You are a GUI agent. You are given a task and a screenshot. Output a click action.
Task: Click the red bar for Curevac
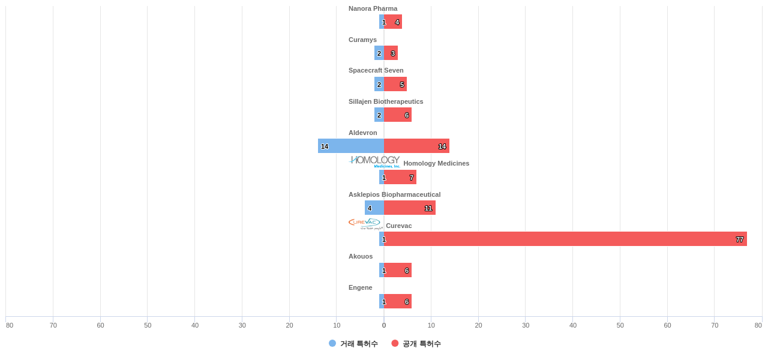tap(564, 239)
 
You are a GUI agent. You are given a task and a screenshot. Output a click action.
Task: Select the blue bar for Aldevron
tap(351, 146)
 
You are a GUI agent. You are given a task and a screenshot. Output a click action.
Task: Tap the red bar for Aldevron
tap(416, 146)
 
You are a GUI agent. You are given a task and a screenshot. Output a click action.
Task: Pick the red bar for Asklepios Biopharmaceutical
tap(410, 208)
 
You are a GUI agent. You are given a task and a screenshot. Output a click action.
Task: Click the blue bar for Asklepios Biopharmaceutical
tap(374, 208)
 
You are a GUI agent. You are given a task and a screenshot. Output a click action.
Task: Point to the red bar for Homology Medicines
tap(400, 177)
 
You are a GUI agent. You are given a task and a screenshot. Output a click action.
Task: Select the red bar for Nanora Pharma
tap(393, 22)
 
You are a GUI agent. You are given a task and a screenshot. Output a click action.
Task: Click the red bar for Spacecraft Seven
tap(395, 84)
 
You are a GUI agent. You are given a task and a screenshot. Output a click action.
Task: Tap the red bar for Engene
tap(398, 301)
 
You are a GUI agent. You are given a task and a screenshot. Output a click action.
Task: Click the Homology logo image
tap(374, 161)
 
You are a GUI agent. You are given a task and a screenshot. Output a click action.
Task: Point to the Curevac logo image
tap(365, 224)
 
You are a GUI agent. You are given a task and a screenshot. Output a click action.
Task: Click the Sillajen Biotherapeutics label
tap(386, 101)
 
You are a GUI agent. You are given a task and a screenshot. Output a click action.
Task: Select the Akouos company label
tap(361, 256)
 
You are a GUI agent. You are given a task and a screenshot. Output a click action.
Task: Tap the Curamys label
tap(362, 40)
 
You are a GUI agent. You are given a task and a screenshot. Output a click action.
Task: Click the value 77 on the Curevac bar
tap(740, 239)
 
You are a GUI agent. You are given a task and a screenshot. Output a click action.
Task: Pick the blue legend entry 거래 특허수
tap(353, 344)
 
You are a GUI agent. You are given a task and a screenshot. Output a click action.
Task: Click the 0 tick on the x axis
tap(384, 325)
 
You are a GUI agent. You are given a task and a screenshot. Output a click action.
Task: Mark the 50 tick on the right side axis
tap(620, 325)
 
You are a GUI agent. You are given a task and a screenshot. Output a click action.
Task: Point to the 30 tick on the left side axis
tap(242, 325)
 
